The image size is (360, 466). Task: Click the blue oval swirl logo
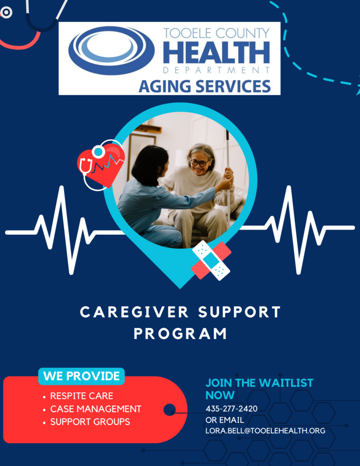point(112,50)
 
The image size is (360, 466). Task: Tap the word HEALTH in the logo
point(217,53)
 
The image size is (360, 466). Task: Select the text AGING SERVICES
point(204,86)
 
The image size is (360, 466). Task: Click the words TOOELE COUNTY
point(217,33)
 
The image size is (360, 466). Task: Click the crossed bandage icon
point(211,260)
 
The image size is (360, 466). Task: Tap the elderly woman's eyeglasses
point(199,163)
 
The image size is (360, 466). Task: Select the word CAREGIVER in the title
point(134,312)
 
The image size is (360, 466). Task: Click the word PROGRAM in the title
point(180,334)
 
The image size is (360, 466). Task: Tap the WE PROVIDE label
point(81,376)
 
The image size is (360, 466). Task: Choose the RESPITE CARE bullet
point(81,396)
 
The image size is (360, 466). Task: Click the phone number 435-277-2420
point(231,409)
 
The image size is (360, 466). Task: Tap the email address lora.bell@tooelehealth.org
point(265,431)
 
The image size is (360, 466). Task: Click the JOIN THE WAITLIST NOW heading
point(259,389)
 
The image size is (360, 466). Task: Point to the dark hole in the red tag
point(170,410)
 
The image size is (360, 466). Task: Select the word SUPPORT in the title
point(239,312)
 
